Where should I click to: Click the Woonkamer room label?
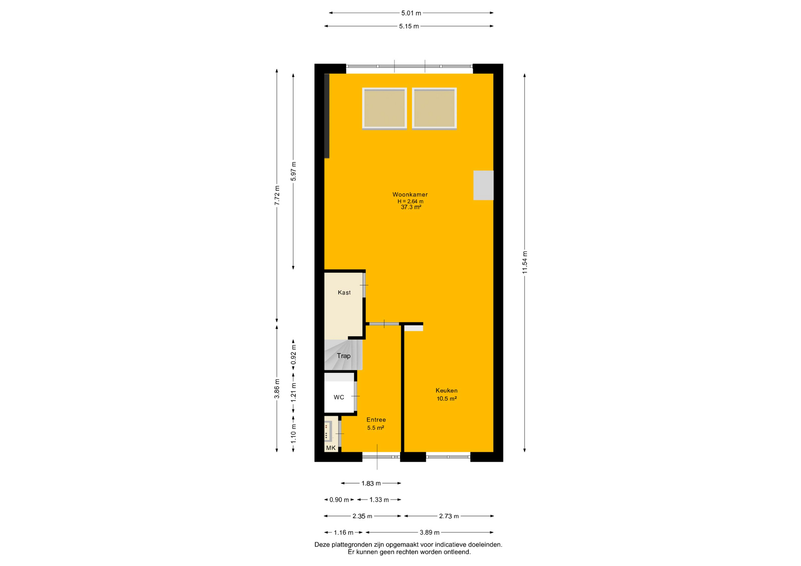coord(410,195)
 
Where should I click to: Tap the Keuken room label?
coord(446,391)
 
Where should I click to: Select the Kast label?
coord(344,293)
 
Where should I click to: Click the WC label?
coord(339,397)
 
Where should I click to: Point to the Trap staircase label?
coord(343,356)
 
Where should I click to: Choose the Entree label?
coord(376,420)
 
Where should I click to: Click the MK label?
coord(331,448)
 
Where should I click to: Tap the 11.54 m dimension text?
coord(525,263)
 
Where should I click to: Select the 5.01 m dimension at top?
coord(411,13)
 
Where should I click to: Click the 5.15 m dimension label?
coord(409,26)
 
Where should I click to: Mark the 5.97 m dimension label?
coord(293,171)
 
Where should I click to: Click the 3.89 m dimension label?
coord(430,533)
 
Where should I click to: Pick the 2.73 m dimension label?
coord(449,516)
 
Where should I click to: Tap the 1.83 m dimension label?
coord(371,483)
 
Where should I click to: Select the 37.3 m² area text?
coord(411,207)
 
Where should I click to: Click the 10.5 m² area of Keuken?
coord(447,399)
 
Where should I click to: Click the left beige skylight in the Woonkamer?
coord(384,108)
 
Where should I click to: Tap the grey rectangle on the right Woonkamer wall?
coord(484,185)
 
